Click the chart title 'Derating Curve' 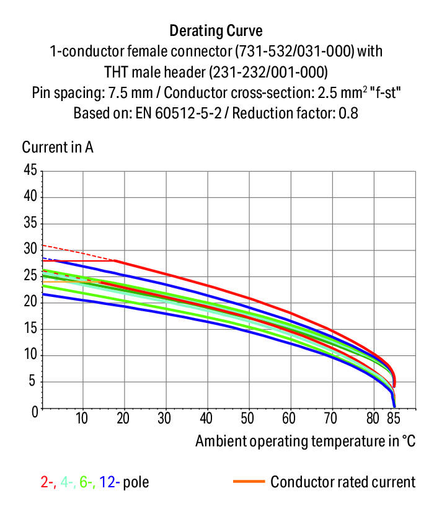pyautogui.click(x=216, y=30)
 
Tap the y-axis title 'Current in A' pyautogui.click(x=58, y=148)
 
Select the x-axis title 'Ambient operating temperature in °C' pyautogui.click(x=305, y=441)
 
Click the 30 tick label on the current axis pyautogui.click(x=30, y=249)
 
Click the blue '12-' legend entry pyautogui.click(x=109, y=482)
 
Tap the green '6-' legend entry pyautogui.click(x=87, y=482)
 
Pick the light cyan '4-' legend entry pyautogui.click(x=67, y=482)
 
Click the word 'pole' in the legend pyautogui.click(x=136, y=482)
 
